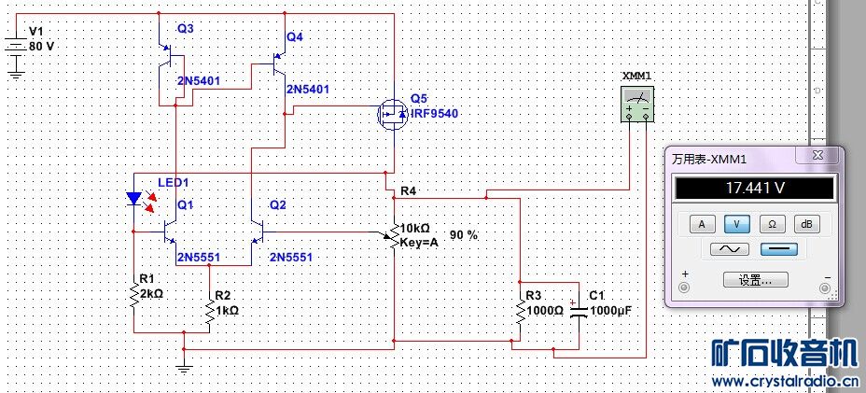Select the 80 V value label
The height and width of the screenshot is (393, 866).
[42, 46]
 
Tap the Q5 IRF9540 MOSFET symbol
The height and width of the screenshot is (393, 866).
[392, 114]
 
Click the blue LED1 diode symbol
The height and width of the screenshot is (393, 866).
[133, 198]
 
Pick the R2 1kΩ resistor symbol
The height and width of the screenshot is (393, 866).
[208, 310]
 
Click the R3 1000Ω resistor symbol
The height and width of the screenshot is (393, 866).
[520, 310]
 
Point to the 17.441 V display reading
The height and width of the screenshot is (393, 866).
[754, 189]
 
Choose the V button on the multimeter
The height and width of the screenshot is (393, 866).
[737, 224]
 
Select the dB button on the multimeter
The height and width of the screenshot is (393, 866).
[805, 224]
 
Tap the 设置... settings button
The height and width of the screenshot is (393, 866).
[754, 279]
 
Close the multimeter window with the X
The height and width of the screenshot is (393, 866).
[817, 155]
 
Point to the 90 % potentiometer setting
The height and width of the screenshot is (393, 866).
[464, 235]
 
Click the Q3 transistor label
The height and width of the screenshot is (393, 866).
[185, 29]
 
